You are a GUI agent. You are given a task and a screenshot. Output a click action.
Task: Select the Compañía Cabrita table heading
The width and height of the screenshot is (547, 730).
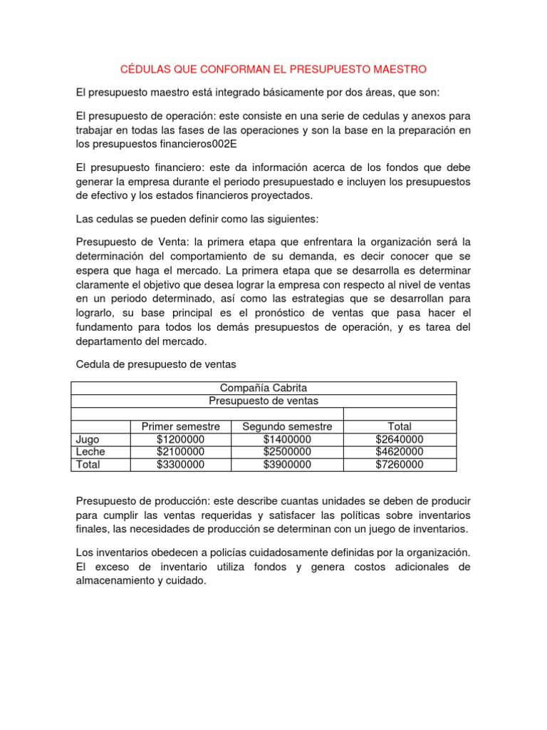click(264, 388)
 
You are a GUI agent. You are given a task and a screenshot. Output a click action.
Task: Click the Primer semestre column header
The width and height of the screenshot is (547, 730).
click(180, 426)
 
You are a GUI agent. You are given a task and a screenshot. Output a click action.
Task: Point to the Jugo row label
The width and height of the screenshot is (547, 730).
click(88, 439)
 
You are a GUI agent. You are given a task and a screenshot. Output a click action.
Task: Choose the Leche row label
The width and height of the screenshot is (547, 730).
click(90, 451)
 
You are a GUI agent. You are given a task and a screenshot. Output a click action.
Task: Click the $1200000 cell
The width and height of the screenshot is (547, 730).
click(180, 439)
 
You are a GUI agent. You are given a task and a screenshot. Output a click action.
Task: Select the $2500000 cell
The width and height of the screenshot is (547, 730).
click(287, 451)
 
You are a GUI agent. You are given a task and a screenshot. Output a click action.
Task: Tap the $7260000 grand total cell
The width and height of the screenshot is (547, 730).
click(400, 464)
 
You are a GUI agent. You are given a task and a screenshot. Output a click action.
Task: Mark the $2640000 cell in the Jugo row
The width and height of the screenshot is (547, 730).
click(400, 439)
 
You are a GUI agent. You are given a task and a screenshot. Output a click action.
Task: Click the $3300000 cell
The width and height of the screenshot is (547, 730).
click(180, 464)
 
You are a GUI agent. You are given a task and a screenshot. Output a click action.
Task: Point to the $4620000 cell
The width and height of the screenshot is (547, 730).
click(400, 451)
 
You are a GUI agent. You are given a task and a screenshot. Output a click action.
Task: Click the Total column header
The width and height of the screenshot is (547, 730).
click(400, 426)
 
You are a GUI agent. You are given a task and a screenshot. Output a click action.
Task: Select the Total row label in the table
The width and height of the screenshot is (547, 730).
click(88, 464)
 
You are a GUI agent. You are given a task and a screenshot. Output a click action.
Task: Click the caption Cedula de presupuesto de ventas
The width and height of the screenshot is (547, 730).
click(155, 364)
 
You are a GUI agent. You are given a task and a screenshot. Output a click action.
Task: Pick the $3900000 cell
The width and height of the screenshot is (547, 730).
click(287, 464)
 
